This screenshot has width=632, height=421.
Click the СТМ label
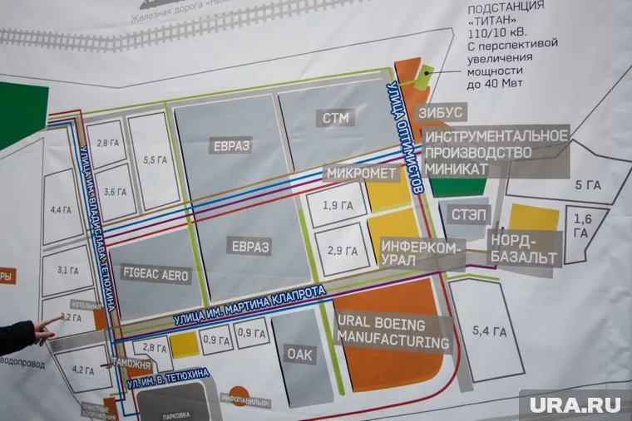329,118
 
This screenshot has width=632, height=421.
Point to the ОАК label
299,353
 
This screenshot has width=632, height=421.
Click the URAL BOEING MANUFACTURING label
393,332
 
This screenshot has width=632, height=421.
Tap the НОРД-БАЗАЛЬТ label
522,247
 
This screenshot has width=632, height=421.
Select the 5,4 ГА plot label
489,331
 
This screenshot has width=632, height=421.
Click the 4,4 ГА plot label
61,209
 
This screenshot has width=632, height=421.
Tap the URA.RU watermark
575,404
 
